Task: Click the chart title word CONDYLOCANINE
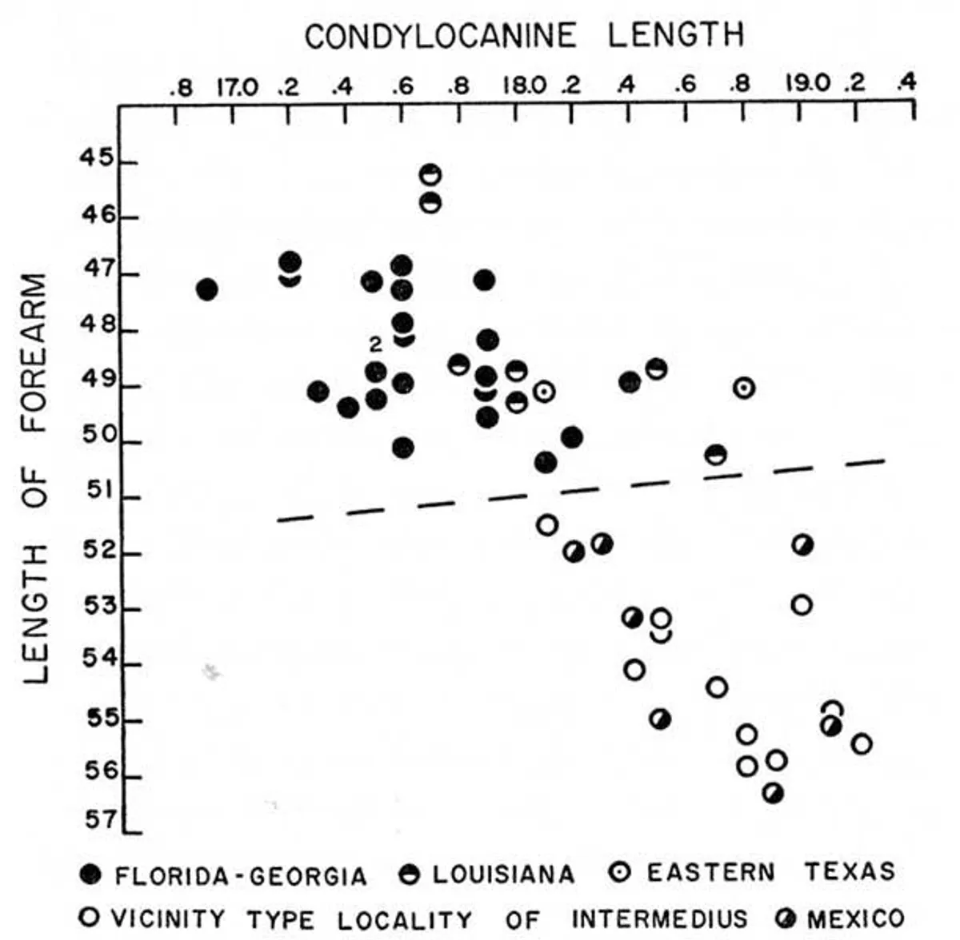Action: (x=440, y=36)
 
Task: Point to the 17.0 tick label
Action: (x=237, y=85)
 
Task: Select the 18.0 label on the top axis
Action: (x=525, y=85)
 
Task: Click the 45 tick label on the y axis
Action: (x=98, y=158)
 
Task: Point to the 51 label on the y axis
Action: (x=99, y=490)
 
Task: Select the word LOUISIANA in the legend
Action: (x=503, y=874)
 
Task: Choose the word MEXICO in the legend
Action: (x=855, y=918)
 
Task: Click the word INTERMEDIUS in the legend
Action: (x=659, y=918)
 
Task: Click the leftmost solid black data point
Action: (x=206, y=289)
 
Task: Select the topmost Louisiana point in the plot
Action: (x=430, y=174)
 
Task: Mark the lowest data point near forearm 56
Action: (x=773, y=793)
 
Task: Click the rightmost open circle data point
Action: (x=862, y=744)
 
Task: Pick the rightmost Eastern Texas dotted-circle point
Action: (x=744, y=388)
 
